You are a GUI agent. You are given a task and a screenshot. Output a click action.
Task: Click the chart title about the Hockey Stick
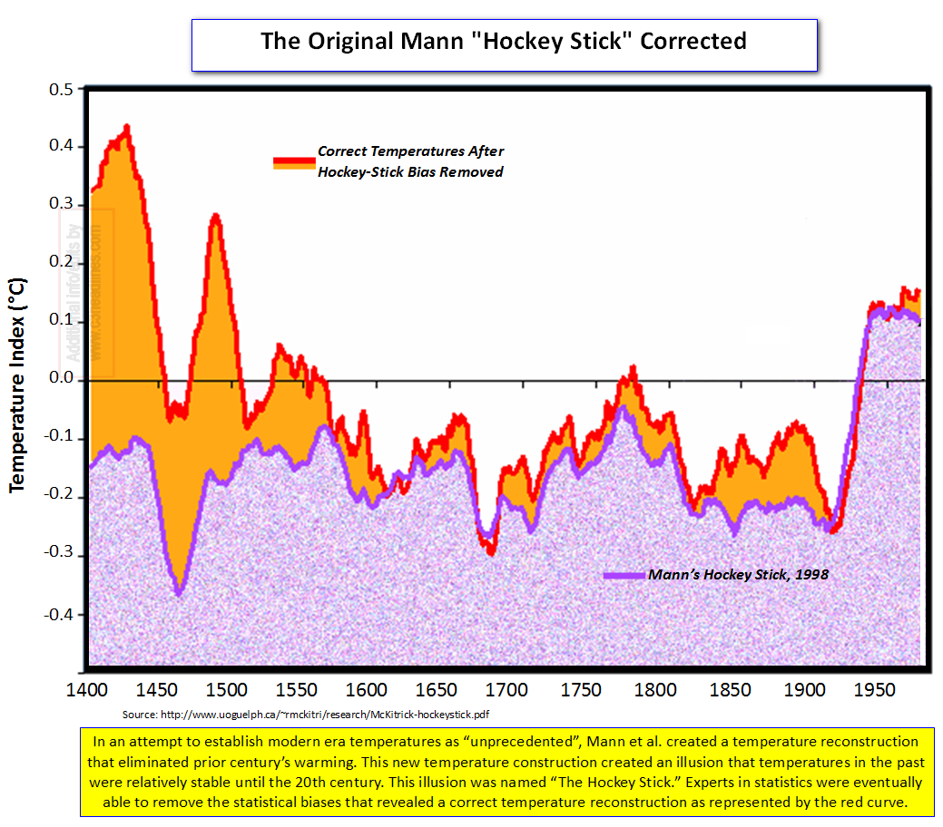point(504,41)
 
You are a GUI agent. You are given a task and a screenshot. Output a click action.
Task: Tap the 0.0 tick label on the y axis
point(59,379)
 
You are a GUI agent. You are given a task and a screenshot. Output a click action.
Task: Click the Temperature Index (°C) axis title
point(18,385)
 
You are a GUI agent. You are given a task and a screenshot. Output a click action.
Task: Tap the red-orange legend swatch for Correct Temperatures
point(293,162)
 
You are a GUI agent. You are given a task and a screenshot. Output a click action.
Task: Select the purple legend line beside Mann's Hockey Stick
point(624,575)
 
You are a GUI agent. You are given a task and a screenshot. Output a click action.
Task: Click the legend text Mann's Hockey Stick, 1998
point(738,575)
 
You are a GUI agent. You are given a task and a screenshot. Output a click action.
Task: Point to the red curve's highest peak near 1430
point(127,127)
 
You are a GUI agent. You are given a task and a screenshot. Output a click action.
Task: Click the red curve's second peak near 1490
point(215,216)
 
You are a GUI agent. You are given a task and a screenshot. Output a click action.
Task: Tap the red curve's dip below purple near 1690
point(490,551)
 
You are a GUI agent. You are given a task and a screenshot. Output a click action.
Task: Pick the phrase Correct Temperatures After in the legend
point(410,151)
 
